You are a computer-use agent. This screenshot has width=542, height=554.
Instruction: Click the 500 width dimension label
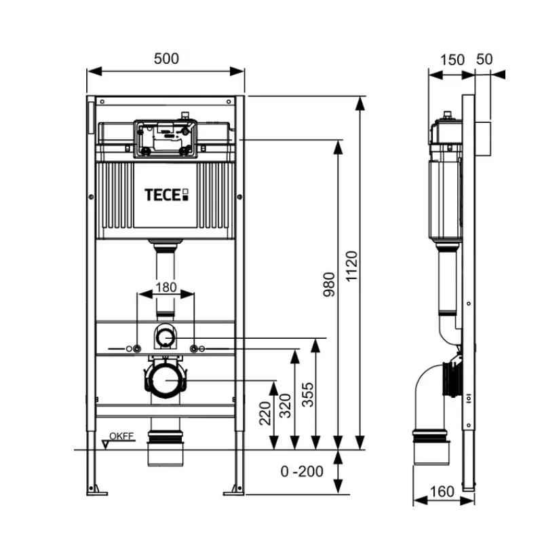[x=166, y=59]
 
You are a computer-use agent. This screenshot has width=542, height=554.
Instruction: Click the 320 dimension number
[x=286, y=405]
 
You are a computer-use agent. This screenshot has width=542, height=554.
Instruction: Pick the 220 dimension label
[x=264, y=412]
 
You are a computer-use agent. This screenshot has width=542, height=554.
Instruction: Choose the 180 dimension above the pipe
[x=166, y=287]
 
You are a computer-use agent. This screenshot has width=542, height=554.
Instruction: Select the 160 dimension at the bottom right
[x=442, y=491]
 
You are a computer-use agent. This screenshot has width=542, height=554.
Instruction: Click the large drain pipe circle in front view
[x=166, y=380]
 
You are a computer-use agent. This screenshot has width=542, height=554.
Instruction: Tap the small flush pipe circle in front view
[x=166, y=335]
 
